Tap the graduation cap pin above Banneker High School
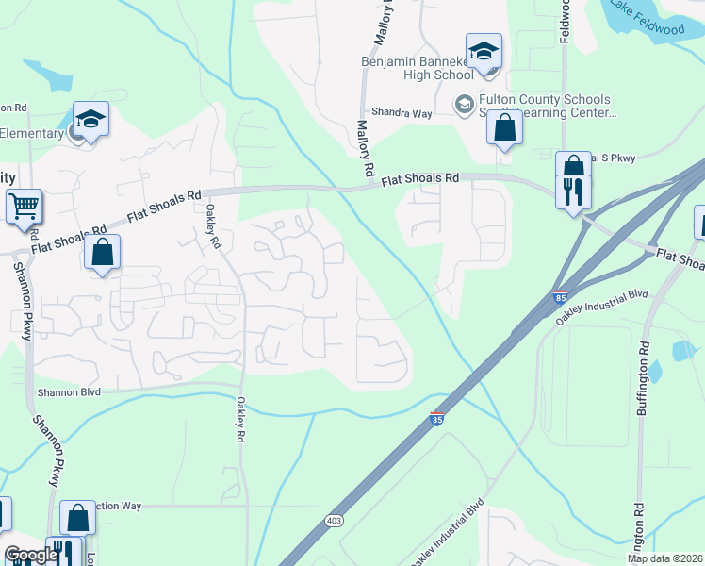coord(484,52)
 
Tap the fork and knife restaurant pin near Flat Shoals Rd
coord(573,192)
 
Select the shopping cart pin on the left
coord(25,205)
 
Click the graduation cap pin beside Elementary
coord(90,120)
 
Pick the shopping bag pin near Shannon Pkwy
coord(103,253)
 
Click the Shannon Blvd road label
coord(69,392)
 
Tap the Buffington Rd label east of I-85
coord(643,377)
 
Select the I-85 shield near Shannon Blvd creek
coord(436,417)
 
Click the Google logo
coord(31,555)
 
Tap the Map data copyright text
coord(664,558)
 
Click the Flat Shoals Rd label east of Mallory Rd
coord(419,178)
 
